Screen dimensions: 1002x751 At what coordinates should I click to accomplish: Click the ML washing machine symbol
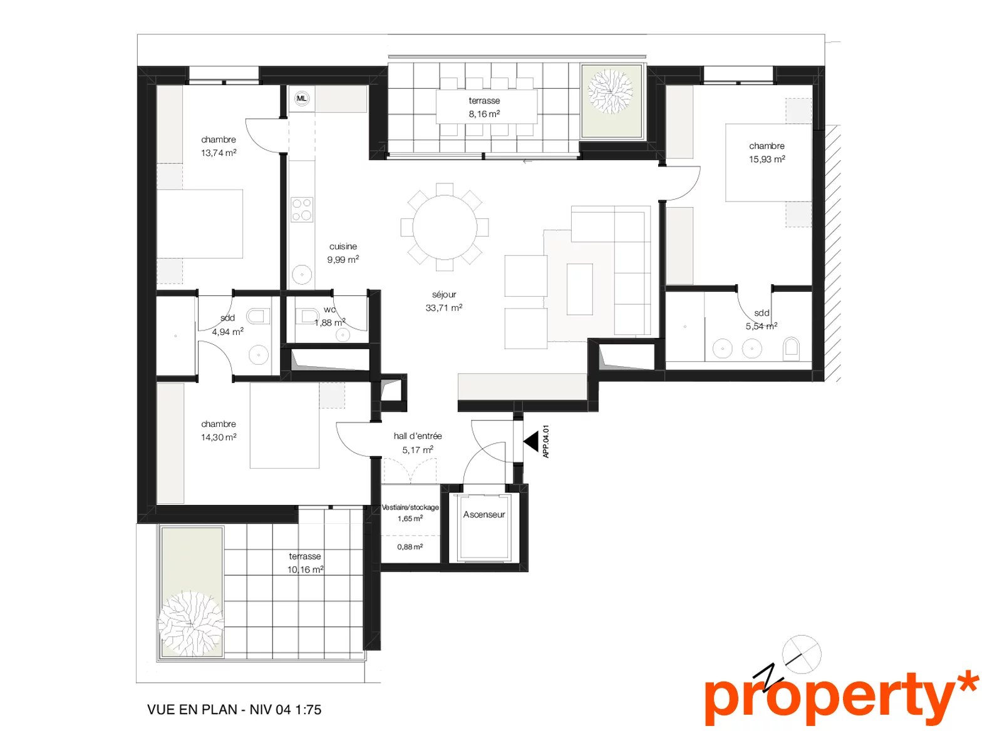(301, 98)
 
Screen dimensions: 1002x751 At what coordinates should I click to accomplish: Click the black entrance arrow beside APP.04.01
(531, 442)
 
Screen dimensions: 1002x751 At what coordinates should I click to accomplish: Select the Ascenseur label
(484, 514)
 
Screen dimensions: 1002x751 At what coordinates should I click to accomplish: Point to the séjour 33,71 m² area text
(444, 308)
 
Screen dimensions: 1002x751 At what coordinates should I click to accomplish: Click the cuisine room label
(343, 246)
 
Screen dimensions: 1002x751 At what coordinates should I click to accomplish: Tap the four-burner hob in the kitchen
(302, 210)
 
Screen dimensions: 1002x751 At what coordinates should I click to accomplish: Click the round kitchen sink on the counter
(302, 275)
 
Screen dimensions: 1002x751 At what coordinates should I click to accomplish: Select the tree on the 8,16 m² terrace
(611, 91)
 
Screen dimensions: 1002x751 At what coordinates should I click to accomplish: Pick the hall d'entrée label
(418, 436)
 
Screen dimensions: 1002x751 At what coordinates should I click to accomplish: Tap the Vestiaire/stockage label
(410, 507)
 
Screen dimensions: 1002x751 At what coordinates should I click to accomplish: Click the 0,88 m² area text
(410, 547)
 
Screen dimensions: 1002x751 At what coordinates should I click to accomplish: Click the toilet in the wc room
(307, 315)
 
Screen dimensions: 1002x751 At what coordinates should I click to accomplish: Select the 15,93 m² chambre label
(767, 152)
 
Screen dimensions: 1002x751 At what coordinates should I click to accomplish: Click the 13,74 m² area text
(219, 153)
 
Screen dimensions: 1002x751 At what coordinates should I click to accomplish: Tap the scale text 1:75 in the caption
(308, 710)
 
